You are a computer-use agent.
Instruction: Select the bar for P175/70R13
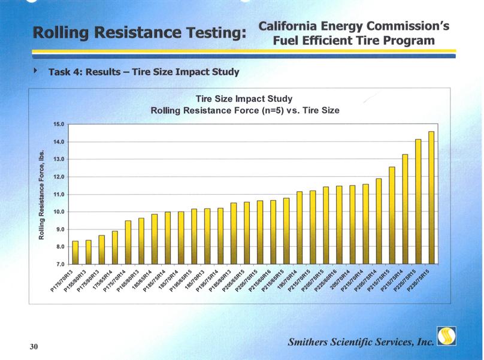point(75,252)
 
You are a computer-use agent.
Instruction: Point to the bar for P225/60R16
point(339,225)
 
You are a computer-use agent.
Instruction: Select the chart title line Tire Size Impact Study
point(244,99)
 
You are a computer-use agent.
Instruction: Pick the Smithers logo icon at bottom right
point(446,337)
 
